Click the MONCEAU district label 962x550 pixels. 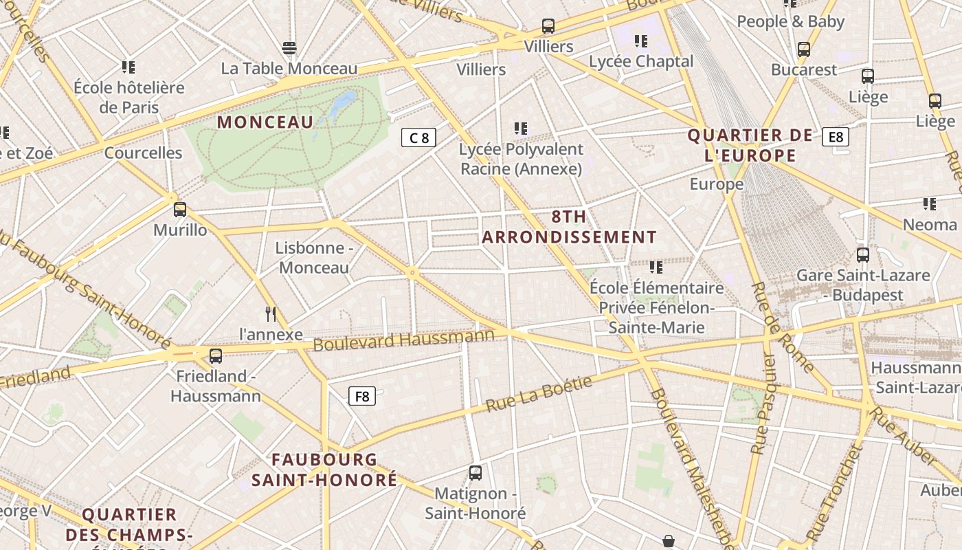[x=265, y=122]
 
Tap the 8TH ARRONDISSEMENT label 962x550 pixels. [x=569, y=227]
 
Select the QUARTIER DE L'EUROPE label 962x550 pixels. [x=750, y=145]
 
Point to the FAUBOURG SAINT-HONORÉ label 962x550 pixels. [x=324, y=470]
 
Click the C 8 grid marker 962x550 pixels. [x=418, y=137]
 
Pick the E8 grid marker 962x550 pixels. [x=836, y=137]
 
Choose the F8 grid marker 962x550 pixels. [x=362, y=396]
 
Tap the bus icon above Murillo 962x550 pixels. [x=180, y=210]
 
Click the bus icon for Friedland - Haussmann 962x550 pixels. [x=216, y=356]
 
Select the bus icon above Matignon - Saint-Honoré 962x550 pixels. [x=476, y=473]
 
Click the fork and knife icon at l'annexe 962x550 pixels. [x=271, y=314]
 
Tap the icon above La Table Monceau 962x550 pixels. [x=289, y=48]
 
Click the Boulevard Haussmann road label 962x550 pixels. [x=403, y=339]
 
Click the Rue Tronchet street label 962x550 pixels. [x=834, y=492]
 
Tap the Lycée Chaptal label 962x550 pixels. [x=641, y=61]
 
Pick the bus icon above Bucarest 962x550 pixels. [x=804, y=49]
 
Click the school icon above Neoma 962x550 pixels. [x=930, y=203]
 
